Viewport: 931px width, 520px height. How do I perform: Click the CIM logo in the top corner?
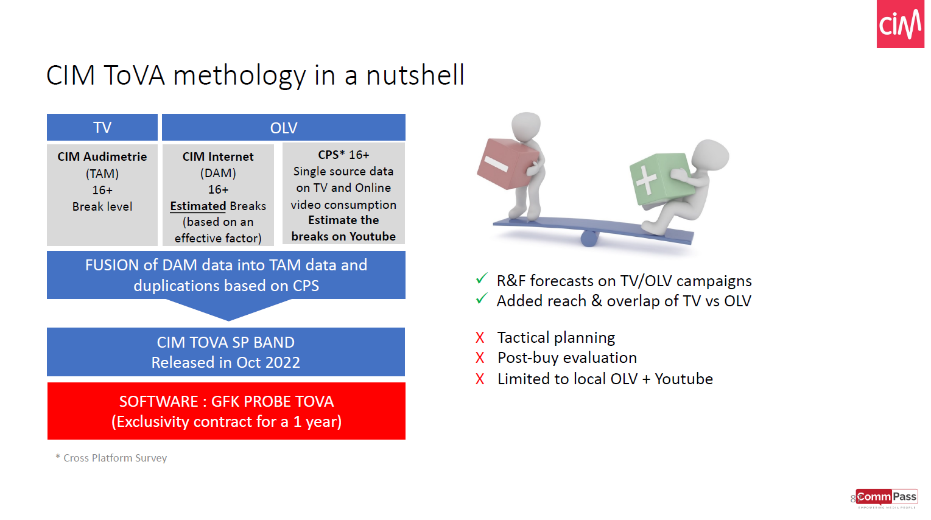(900, 24)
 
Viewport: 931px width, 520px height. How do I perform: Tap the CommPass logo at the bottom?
(887, 499)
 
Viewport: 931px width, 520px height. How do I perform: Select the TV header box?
(102, 127)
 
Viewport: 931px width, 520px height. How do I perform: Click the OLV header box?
(284, 127)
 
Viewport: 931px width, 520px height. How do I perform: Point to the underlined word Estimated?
(198, 206)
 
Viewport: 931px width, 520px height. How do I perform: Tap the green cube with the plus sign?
(660, 179)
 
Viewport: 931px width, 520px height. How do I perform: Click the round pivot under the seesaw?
(589, 239)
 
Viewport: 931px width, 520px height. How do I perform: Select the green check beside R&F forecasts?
(482, 278)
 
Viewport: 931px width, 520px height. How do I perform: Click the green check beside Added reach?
(482, 298)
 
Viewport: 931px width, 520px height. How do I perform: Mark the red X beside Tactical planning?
(480, 337)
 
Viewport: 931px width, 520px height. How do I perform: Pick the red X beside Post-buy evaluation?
(480, 358)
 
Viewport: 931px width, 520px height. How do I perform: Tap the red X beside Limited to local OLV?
(480, 379)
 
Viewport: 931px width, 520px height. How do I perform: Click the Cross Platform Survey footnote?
(111, 458)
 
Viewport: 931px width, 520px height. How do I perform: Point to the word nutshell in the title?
(415, 76)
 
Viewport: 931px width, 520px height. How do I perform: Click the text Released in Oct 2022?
(226, 362)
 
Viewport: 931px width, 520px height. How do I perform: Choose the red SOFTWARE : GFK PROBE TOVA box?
(227, 411)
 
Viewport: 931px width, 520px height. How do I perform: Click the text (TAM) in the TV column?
(102, 174)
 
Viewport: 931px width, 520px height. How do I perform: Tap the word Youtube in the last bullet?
(684, 379)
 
